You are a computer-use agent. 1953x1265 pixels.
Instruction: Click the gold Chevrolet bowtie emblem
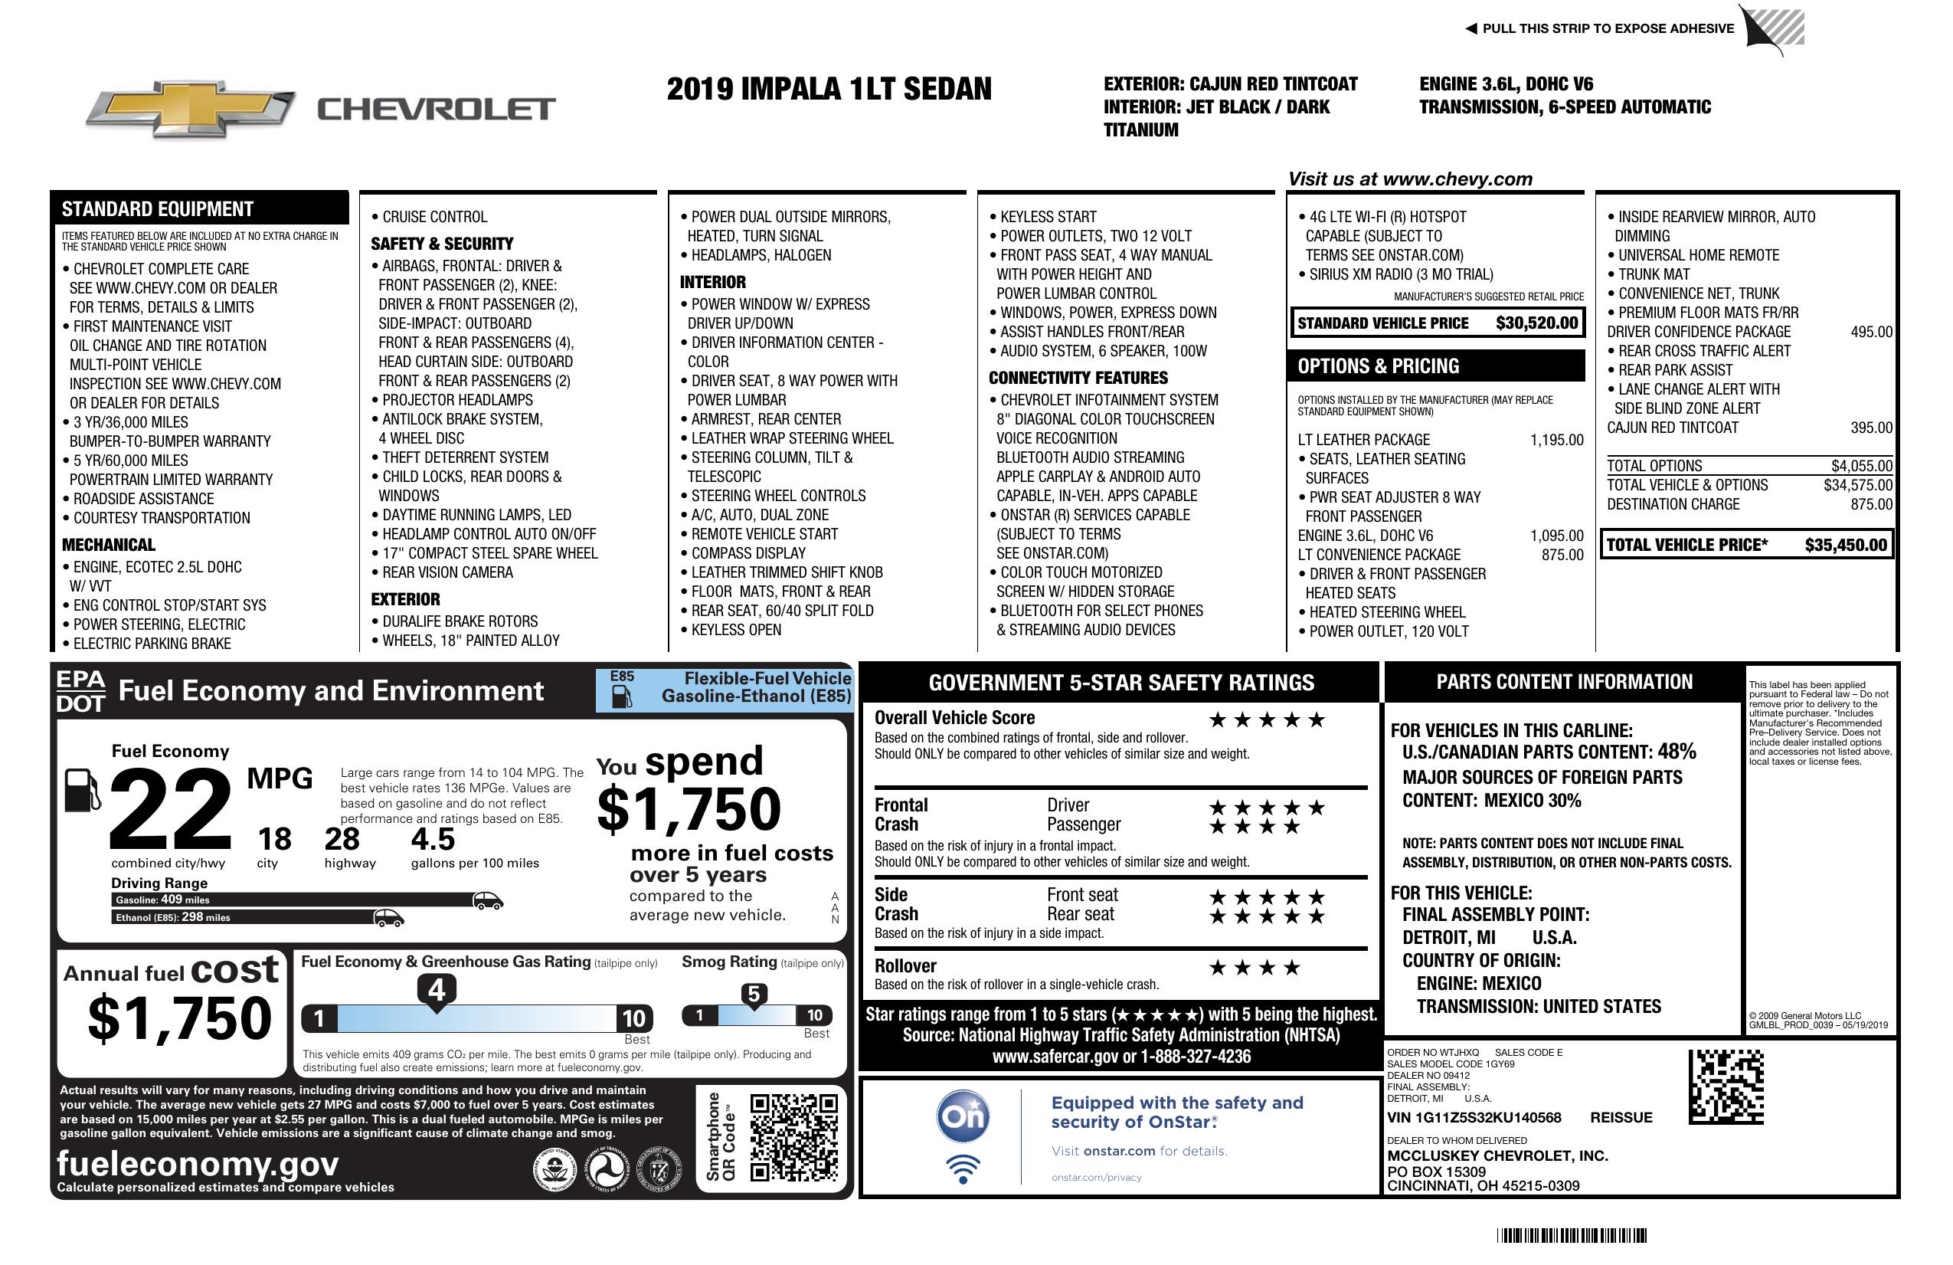(x=191, y=108)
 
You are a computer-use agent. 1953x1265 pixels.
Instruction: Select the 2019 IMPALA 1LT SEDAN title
(x=829, y=89)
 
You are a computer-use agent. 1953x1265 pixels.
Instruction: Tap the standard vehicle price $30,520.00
(x=1536, y=323)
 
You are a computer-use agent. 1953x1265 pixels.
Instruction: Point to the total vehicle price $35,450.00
(x=1846, y=545)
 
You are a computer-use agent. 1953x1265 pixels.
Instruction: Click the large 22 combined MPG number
(x=171, y=809)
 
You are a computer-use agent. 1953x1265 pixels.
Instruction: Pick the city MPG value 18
(x=274, y=839)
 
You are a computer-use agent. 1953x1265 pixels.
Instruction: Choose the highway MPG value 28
(x=342, y=839)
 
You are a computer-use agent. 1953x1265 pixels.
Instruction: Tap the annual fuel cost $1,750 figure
(x=179, y=1018)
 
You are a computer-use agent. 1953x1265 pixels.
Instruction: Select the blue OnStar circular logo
(x=963, y=1116)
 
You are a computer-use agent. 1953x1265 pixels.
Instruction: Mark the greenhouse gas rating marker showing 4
(x=437, y=990)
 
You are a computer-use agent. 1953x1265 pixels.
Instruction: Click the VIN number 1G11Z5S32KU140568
(x=1474, y=1117)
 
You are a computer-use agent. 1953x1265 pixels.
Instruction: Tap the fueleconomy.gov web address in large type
(x=198, y=1163)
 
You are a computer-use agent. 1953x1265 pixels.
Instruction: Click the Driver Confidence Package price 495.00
(x=1871, y=332)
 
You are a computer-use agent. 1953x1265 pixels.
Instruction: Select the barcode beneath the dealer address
(x=1572, y=1235)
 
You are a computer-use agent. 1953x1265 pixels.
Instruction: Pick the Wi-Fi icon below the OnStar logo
(x=963, y=1168)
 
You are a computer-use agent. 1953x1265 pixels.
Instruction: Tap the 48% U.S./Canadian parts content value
(x=1676, y=751)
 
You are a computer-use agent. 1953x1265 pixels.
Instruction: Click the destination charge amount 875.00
(x=1871, y=504)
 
